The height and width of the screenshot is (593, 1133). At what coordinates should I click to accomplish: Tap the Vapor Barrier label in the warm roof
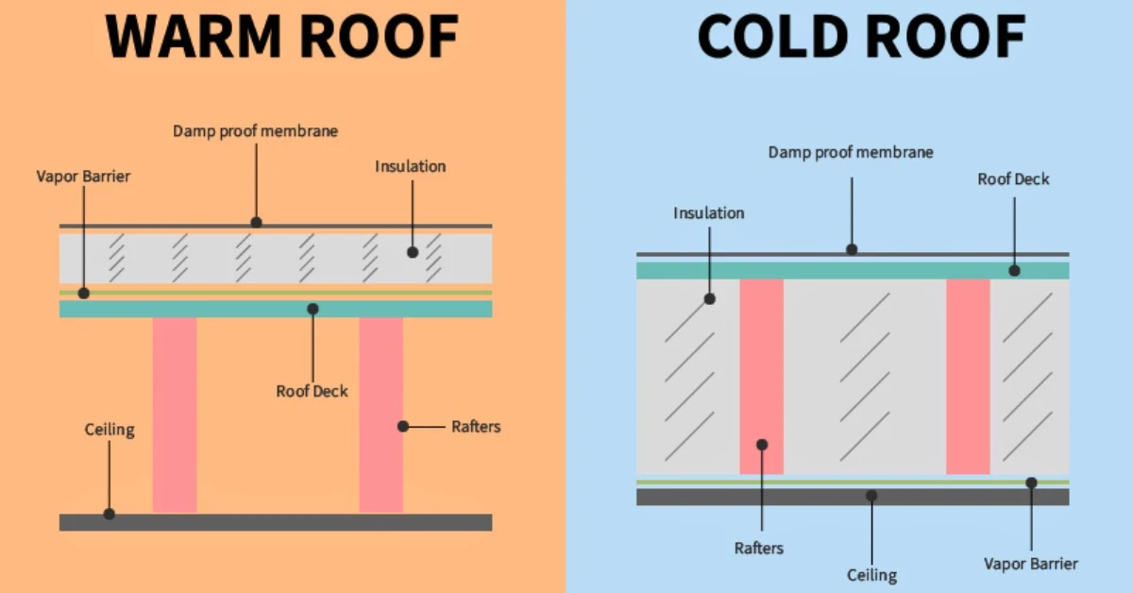pos(82,176)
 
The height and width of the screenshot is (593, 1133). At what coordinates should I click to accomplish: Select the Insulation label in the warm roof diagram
pos(410,166)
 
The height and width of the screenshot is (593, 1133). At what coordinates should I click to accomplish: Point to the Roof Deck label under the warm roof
pos(312,391)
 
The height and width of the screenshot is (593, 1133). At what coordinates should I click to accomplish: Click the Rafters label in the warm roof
pos(476,427)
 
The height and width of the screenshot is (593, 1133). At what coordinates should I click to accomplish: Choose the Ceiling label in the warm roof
pos(110,431)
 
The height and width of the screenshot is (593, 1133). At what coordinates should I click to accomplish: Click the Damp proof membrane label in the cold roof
pos(851,152)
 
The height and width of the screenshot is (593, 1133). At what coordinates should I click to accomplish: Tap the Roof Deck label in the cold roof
pos(1013,178)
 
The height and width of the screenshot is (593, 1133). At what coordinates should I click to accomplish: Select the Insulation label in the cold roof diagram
pos(708,212)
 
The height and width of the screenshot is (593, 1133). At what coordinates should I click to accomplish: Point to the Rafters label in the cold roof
pos(759,548)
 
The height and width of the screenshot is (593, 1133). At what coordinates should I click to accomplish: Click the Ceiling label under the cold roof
pos(871,574)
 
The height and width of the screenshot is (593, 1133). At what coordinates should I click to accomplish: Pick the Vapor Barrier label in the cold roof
pos(1030,564)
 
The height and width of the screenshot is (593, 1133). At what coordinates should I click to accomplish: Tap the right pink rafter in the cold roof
pos(968,376)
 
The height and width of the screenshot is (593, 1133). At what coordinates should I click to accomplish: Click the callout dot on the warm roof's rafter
pos(403,427)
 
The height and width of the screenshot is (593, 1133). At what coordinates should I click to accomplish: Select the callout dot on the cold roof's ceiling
pos(871,496)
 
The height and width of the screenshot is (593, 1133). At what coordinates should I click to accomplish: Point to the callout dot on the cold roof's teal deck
pos(1014,270)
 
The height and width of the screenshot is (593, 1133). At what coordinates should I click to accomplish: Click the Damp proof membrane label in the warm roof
pos(255,131)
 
